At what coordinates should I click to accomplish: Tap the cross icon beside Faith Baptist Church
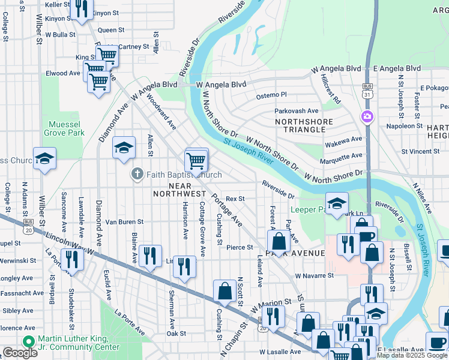[x=137, y=175]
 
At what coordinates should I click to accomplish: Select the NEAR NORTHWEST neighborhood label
[x=179, y=189]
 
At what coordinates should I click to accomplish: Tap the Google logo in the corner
[x=20, y=353]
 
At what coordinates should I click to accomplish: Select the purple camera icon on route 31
[x=366, y=116]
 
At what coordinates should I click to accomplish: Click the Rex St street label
[x=236, y=199]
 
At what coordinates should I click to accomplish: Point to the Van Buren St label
[x=124, y=222]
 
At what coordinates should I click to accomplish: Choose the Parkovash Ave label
[x=297, y=111]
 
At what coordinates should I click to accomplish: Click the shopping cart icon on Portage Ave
[x=196, y=161]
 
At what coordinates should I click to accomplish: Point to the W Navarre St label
[x=314, y=275]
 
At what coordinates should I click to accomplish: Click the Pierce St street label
[x=240, y=247]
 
